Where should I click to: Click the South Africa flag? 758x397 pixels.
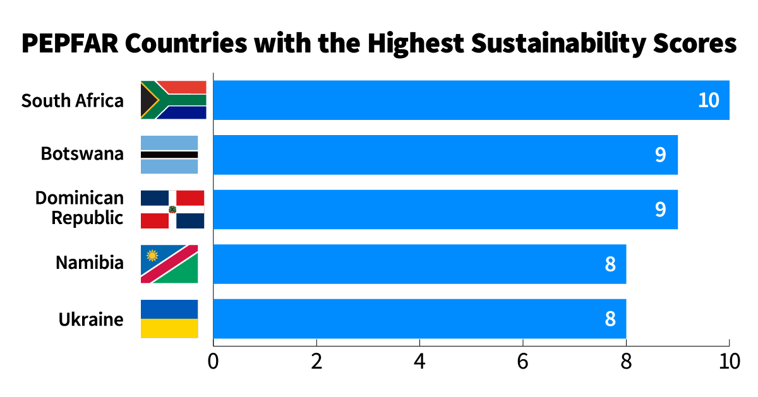(173, 100)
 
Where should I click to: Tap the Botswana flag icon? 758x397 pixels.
(169, 155)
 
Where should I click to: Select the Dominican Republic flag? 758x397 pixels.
(172, 209)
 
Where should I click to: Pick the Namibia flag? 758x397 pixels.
(169, 264)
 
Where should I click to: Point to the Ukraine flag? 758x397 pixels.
(169, 319)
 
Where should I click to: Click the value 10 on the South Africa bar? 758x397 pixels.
(709, 100)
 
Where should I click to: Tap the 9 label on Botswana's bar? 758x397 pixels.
(660, 155)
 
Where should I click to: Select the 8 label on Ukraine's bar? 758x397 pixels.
(610, 319)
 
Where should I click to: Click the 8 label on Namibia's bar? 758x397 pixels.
(610, 264)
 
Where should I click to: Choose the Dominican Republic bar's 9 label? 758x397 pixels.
(660, 209)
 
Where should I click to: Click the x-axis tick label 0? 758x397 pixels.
(214, 362)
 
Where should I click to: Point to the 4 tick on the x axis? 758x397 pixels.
(420, 362)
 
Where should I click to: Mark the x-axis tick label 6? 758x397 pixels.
(523, 362)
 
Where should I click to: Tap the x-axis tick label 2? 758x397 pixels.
(316, 362)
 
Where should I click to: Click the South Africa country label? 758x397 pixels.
(73, 100)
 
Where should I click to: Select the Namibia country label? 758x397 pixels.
(90, 263)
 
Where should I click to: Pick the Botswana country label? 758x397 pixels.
(82, 153)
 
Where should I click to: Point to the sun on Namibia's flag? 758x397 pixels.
(152, 256)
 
